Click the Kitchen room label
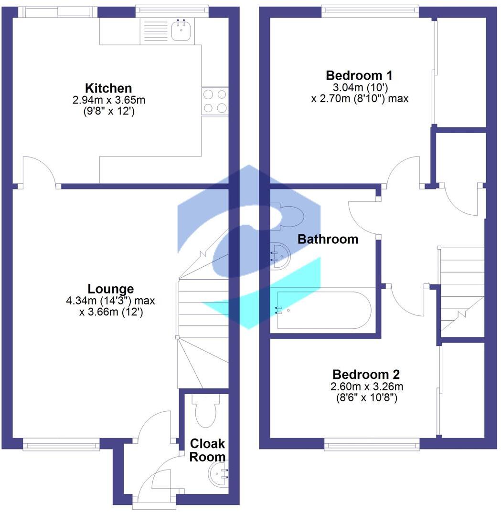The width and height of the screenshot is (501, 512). [x=108, y=88]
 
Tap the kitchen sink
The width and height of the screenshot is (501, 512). [x=181, y=31]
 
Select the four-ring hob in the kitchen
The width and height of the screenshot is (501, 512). [x=214, y=101]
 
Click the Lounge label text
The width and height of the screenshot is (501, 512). [x=111, y=289]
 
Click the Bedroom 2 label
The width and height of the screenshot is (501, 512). [x=366, y=374]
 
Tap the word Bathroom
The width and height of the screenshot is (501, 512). [x=328, y=239]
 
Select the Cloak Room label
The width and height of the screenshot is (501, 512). [x=207, y=450]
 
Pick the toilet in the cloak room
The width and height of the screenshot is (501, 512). [x=205, y=411]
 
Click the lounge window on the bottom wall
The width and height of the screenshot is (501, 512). [x=61, y=446]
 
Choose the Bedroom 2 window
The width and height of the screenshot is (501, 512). [x=373, y=445]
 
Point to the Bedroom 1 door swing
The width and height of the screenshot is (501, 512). [x=404, y=172]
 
